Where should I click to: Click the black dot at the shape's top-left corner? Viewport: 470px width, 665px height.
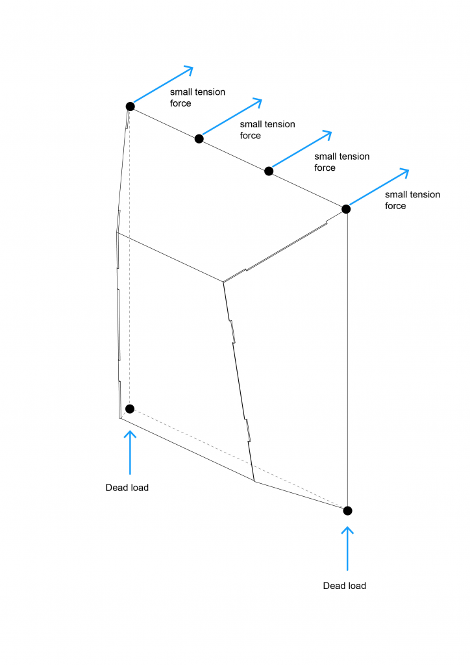[x=130, y=107]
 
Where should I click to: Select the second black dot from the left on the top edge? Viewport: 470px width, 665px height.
[x=199, y=139]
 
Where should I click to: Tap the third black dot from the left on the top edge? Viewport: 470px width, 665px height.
[x=269, y=171]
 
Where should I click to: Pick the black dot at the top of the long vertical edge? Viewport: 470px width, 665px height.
[x=346, y=209]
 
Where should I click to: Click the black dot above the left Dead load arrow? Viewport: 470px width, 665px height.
[x=130, y=409]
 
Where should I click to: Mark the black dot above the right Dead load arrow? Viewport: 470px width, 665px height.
[x=347, y=510]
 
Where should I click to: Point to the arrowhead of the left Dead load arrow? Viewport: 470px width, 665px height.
[x=130, y=432]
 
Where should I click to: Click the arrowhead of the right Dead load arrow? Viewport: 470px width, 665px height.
[x=347, y=528]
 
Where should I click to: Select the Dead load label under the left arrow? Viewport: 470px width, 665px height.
[x=127, y=488]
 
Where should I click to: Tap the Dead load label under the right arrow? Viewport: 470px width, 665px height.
[x=345, y=586]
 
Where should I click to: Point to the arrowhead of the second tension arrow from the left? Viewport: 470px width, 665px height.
[x=261, y=100]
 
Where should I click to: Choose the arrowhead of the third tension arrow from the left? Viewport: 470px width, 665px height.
[x=330, y=132]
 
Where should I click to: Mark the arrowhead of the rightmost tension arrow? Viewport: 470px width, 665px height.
[x=408, y=171]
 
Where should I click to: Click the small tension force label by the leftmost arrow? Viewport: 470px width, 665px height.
[x=197, y=98]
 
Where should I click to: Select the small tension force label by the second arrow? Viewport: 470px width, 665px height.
[x=267, y=130]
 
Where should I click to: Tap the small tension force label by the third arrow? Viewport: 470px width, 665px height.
[x=342, y=162]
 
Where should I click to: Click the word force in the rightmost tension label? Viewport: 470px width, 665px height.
[x=395, y=206]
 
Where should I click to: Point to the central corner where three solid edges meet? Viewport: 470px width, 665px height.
[x=223, y=282]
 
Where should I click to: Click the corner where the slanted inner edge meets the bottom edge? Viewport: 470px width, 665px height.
[x=254, y=481]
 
